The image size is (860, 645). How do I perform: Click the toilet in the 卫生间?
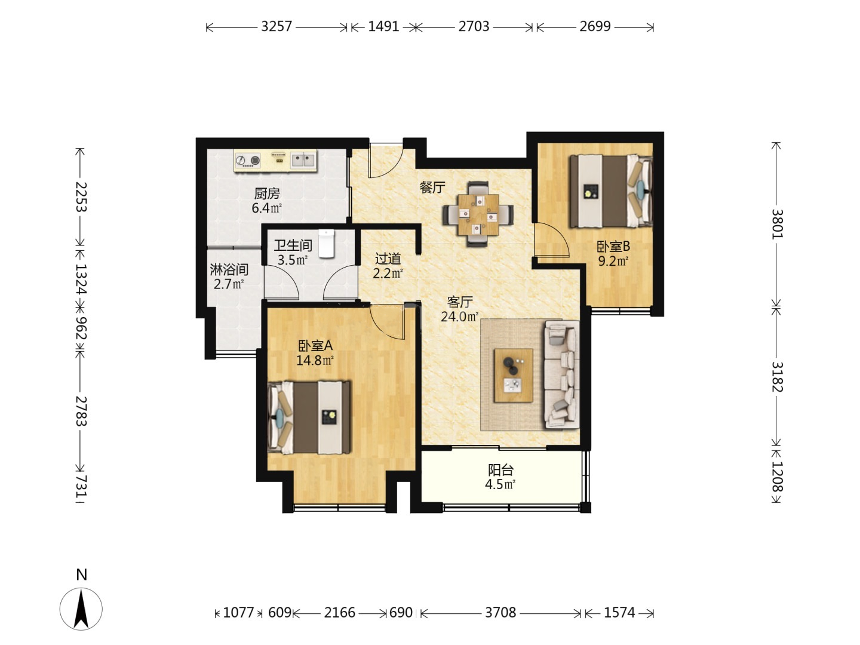(326, 243)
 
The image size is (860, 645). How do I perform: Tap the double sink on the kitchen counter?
(303, 160)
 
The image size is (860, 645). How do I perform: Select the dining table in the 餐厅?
(478, 214)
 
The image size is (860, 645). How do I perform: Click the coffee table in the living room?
(513, 375)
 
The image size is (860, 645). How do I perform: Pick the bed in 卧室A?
(309, 417)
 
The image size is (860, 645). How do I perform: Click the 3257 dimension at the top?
(277, 27)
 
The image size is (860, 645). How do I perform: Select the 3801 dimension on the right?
(776, 223)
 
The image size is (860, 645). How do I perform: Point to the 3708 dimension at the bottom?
(500, 612)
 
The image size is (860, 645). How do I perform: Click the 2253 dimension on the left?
(81, 197)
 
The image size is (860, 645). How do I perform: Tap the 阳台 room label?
(500, 469)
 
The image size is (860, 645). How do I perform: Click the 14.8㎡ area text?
(315, 360)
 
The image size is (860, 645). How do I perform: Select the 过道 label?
(388, 259)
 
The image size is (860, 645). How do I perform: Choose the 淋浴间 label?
(229, 269)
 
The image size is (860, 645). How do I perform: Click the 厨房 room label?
(267, 193)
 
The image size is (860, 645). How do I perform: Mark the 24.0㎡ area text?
(460, 317)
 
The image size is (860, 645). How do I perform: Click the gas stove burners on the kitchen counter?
(248, 160)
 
